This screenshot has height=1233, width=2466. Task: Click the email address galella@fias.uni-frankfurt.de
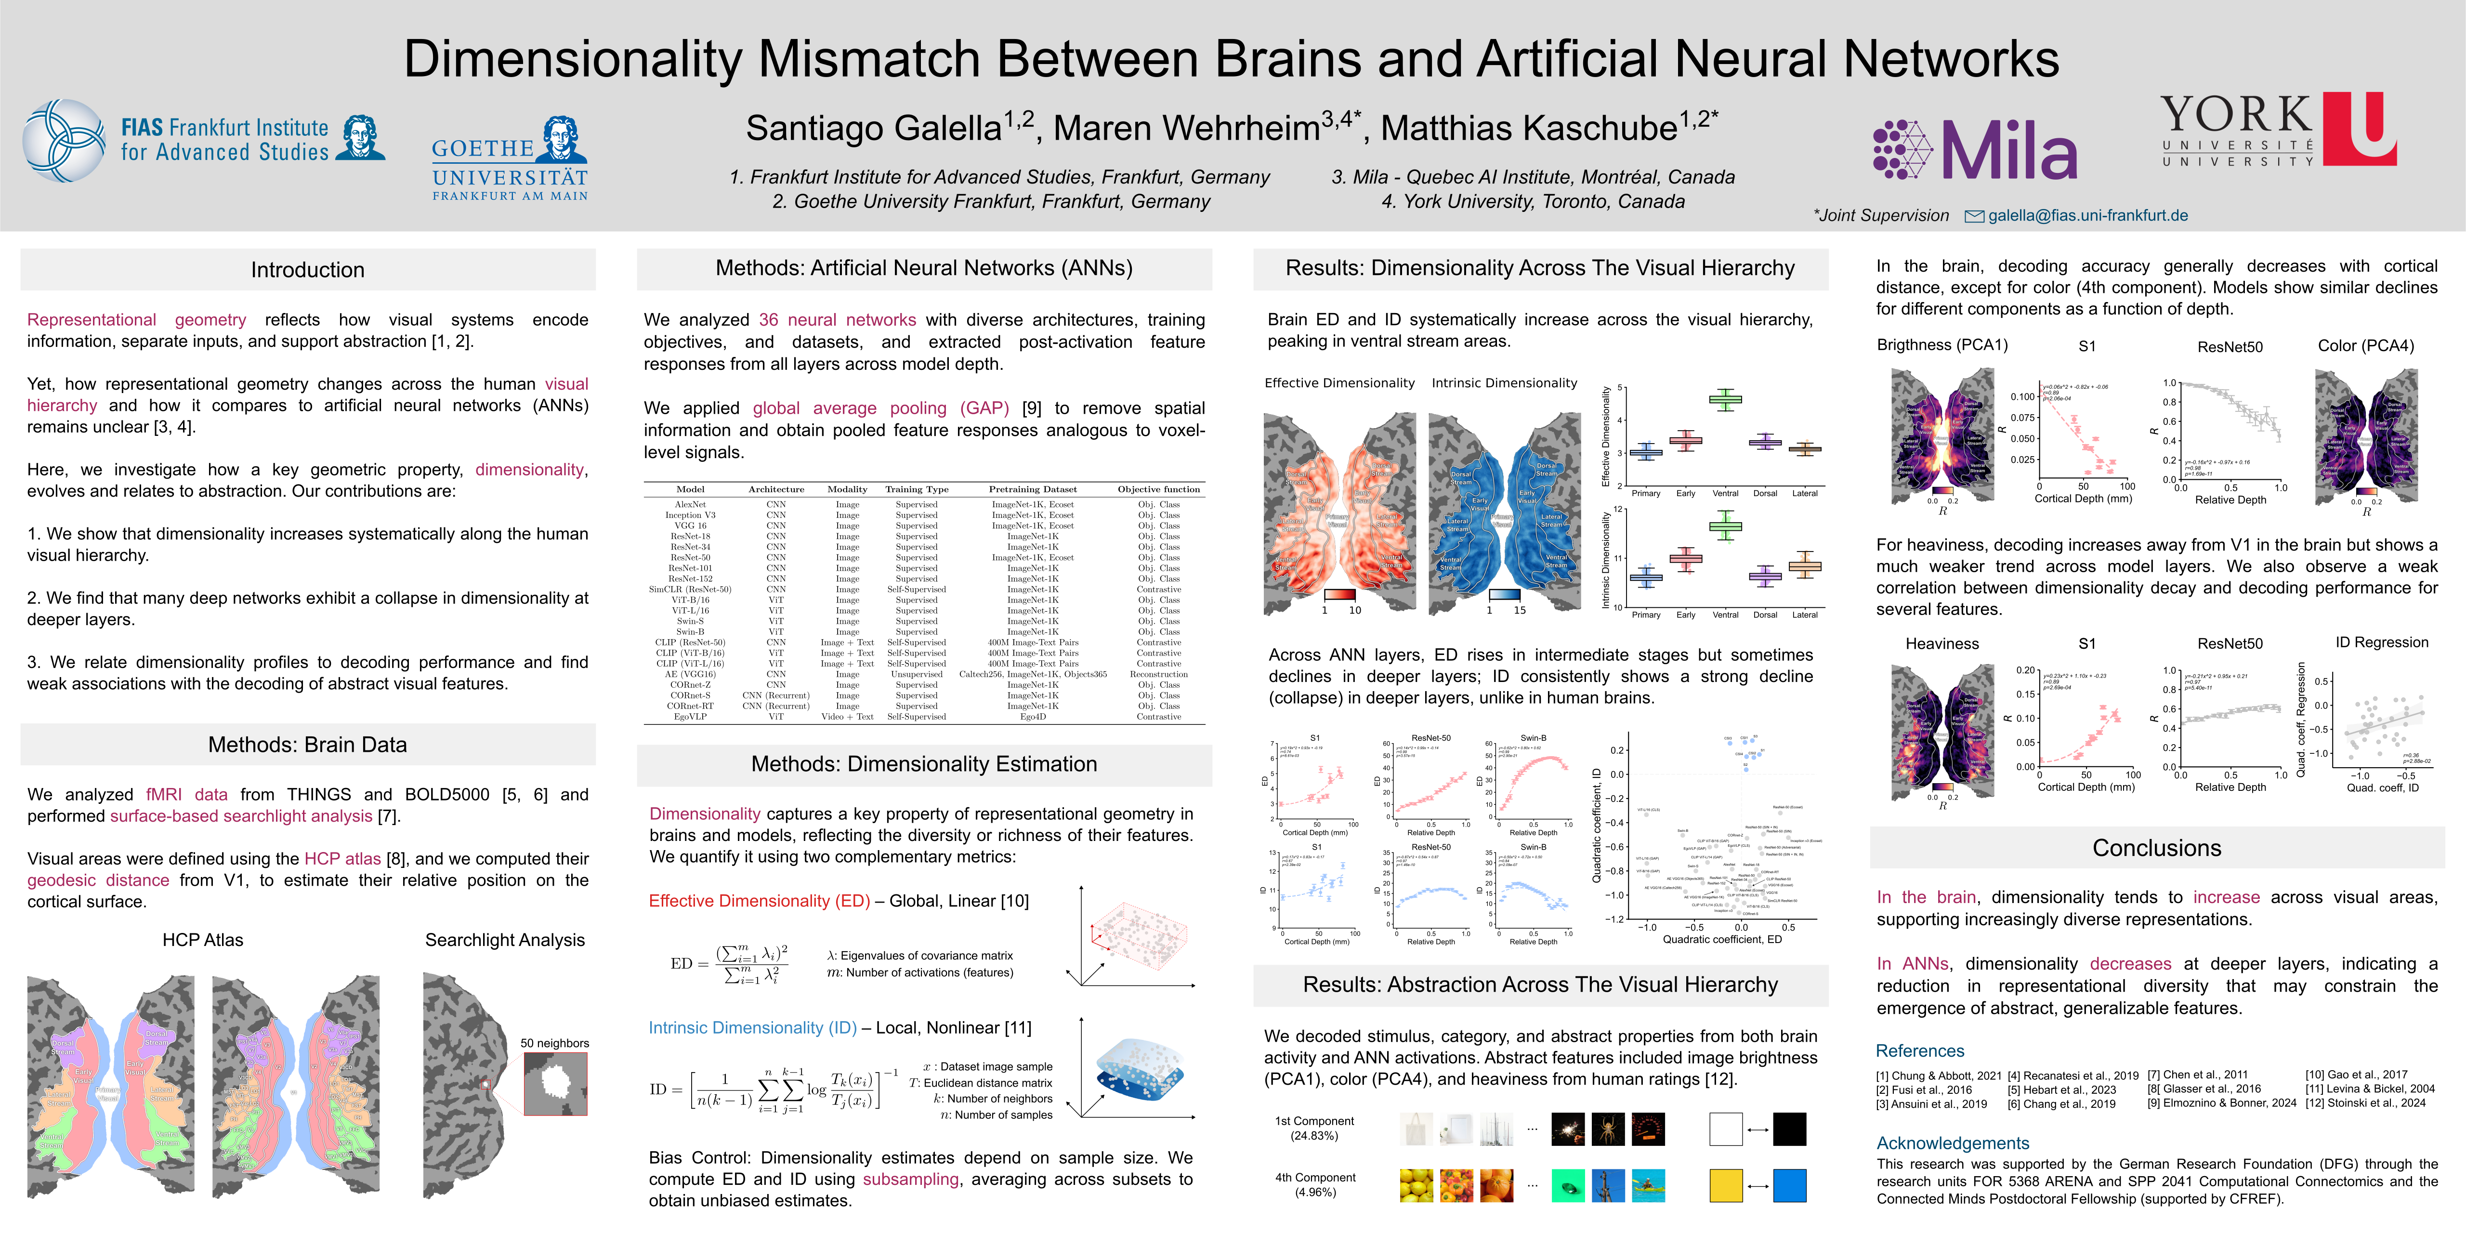(x=2087, y=215)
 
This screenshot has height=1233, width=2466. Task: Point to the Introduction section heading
(x=307, y=270)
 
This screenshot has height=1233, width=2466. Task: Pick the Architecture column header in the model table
(x=776, y=489)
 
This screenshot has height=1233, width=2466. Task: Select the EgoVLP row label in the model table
(x=690, y=716)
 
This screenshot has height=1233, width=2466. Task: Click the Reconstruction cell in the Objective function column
(x=1158, y=674)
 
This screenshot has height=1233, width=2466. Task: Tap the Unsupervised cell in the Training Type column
(x=916, y=674)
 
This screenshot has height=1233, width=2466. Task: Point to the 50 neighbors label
(x=554, y=1043)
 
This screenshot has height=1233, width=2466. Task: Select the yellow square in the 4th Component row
(x=1726, y=1185)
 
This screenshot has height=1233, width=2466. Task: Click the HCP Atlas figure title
(x=203, y=940)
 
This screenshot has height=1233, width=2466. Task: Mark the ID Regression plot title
(x=2382, y=643)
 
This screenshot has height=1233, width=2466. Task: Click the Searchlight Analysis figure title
(x=504, y=940)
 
